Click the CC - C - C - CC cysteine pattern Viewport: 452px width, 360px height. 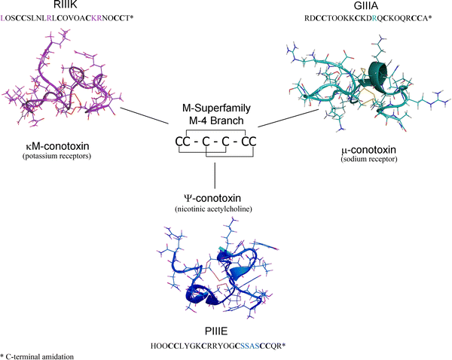click(215, 141)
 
